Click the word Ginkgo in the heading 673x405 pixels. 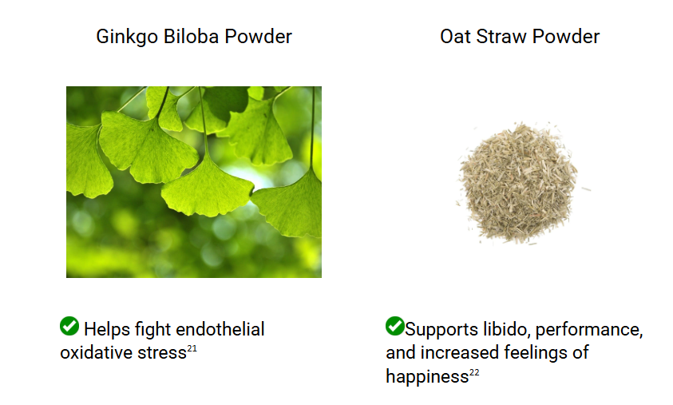point(127,38)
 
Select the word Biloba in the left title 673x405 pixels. point(191,37)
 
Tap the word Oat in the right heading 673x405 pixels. point(455,37)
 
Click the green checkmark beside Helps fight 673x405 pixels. point(69,326)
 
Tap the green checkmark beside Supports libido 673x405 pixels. point(395,326)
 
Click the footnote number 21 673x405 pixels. point(192,348)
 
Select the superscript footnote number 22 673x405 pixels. point(474,372)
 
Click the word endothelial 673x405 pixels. point(220,329)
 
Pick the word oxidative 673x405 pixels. point(96,353)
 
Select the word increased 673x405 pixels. point(460,353)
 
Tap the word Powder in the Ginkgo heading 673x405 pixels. point(259,37)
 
